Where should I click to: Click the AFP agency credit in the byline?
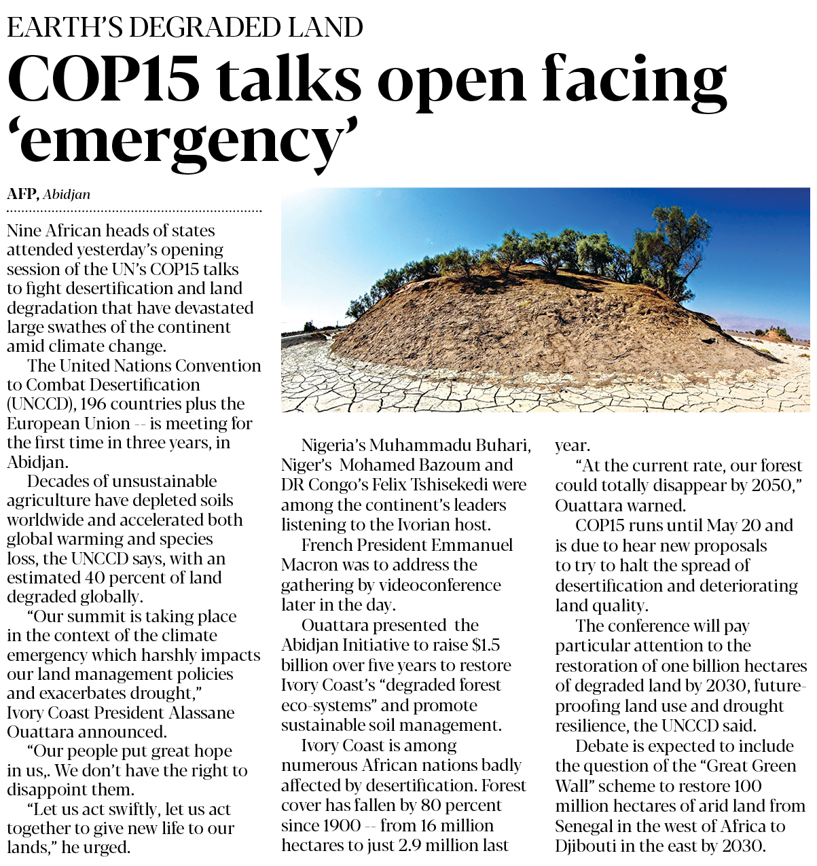coord(22,194)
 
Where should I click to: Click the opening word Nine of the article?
coord(25,231)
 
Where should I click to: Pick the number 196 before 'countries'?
coord(94,404)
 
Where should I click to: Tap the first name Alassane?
coord(201,713)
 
